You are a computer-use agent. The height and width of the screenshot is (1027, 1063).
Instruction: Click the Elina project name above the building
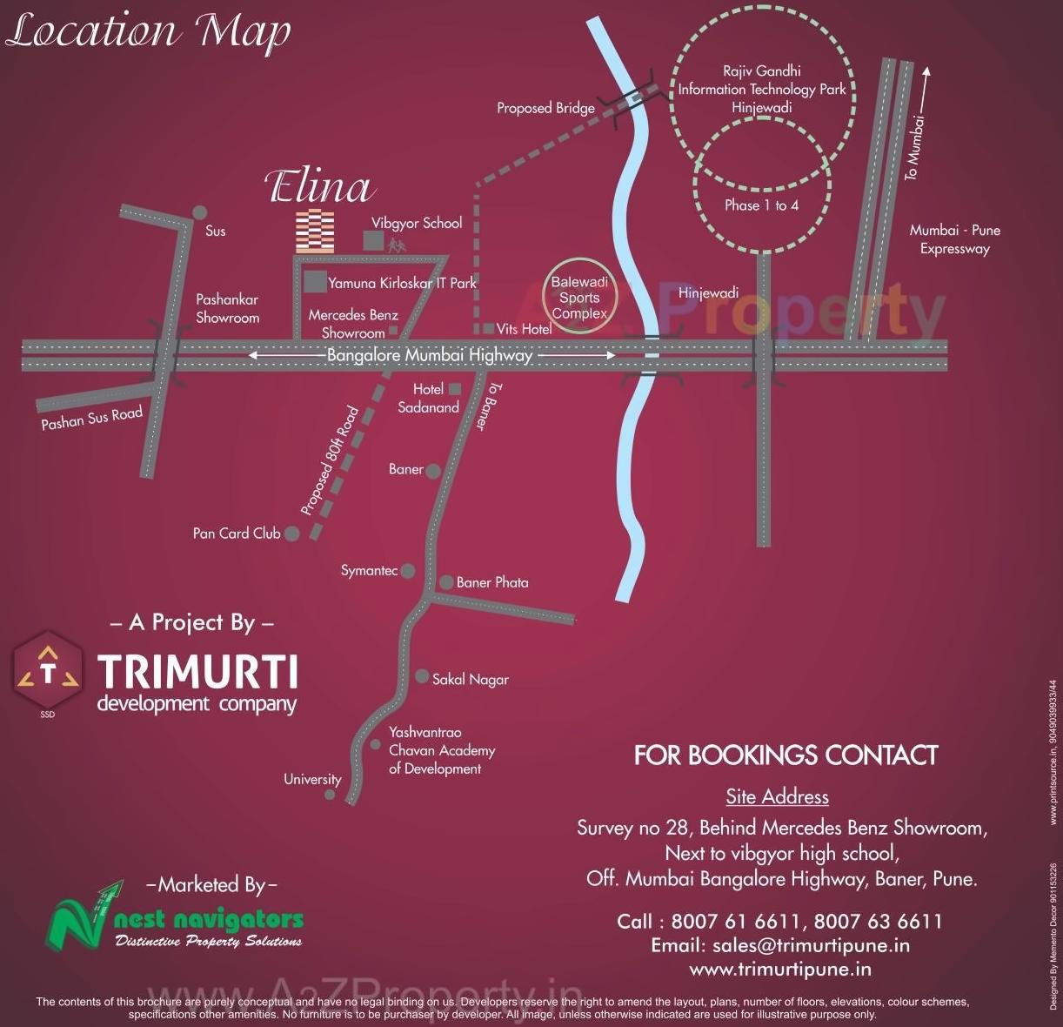click(319, 187)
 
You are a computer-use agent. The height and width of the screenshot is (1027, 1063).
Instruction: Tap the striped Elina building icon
click(314, 232)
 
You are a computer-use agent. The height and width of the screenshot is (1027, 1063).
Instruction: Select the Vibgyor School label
click(417, 223)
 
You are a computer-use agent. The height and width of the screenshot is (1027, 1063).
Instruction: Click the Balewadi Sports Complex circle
click(579, 298)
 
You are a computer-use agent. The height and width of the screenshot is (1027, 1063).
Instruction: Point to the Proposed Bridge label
click(545, 108)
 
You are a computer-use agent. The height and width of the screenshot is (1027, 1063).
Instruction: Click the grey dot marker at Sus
click(199, 212)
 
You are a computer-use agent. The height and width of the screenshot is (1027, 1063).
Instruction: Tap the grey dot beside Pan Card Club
click(292, 534)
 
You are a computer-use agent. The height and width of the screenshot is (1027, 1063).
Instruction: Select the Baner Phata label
click(492, 582)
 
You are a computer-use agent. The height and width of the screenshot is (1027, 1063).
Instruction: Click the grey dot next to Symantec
click(407, 571)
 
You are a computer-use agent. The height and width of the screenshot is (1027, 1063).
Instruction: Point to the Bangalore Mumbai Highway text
click(430, 355)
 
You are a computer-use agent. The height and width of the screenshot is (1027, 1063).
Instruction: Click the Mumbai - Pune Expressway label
click(954, 239)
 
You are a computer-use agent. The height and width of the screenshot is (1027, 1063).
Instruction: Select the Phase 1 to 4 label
click(761, 205)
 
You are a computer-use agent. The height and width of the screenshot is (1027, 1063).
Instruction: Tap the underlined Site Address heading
click(777, 796)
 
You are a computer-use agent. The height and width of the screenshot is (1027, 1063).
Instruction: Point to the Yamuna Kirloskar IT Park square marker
click(315, 282)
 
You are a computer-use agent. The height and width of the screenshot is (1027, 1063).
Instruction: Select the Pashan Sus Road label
click(91, 418)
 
